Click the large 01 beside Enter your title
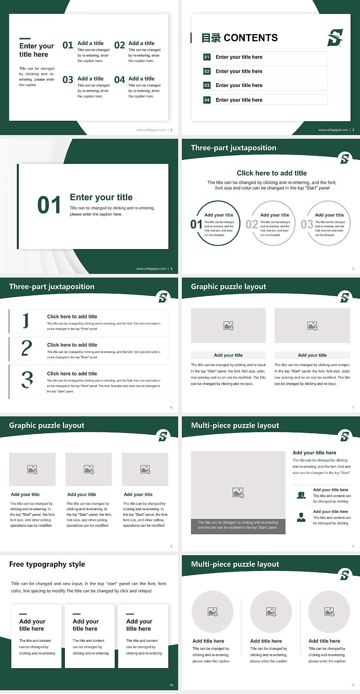click(x=49, y=205)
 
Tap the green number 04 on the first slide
click(x=120, y=80)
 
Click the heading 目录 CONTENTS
click(x=240, y=38)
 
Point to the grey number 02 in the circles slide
click(x=252, y=224)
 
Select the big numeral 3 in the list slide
click(x=27, y=380)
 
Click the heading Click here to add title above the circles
click(x=271, y=173)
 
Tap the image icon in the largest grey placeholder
click(x=238, y=493)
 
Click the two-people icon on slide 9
click(x=301, y=495)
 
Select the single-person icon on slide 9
click(x=301, y=517)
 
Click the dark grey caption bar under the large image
click(x=238, y=525)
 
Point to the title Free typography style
click(x=47, y=564)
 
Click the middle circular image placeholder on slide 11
click(x=271, y=612)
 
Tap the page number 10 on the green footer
click(x=171, y=685)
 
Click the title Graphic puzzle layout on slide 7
click(x=228, y=287)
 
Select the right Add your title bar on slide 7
click(x=312, y=355)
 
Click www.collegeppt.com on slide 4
click(x=151, y=269)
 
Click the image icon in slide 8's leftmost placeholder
click(x=32, y=469)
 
